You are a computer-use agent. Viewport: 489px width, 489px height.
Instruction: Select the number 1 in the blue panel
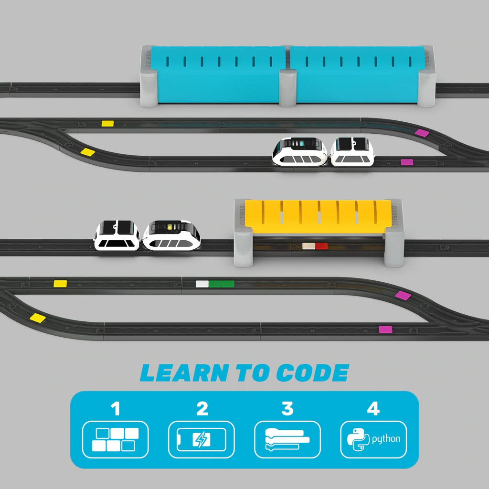coord(115,409)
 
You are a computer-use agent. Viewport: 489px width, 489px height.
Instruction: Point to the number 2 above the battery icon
coord(202,409)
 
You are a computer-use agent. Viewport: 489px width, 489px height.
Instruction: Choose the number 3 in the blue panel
coord(287,409)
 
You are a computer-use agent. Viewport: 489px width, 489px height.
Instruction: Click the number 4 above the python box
coord(373,409)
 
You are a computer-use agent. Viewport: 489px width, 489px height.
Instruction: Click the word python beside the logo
coord(386,439)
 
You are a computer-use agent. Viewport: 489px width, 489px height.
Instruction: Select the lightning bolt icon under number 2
coord(201,439)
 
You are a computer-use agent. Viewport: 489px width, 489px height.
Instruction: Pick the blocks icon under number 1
coord(116,439)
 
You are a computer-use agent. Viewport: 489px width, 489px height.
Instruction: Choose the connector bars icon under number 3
coord(287,439)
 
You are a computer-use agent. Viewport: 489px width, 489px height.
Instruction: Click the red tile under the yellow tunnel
coord(321,246)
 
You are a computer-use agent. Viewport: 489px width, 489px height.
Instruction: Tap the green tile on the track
coord(222,284)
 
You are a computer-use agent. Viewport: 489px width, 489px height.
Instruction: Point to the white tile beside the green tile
coord(202,284)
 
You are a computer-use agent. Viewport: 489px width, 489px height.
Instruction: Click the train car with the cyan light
coord(300,151)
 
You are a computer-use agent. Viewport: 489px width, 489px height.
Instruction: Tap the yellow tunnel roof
coord(317,216)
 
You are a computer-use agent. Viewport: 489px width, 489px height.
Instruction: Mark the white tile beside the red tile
coord(308,246)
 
